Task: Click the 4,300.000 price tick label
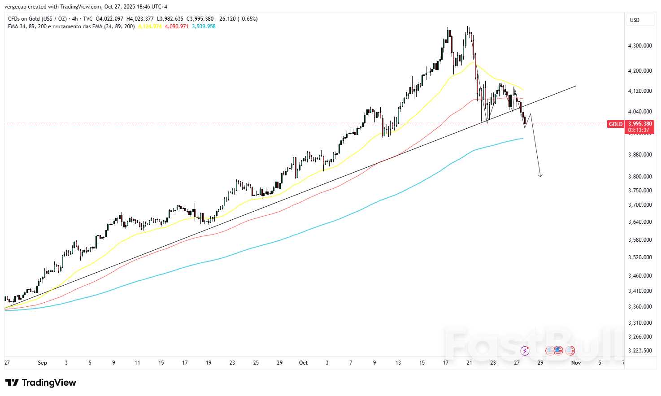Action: (x=640, y=46)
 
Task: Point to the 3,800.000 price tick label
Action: (x=640, y=177)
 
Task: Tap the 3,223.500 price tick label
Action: (x=640, y=351)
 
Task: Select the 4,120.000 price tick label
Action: (x=640, y=91)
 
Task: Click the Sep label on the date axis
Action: (x=42, y=363)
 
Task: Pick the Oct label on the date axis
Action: (x=303, y=363)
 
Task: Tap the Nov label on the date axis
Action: (x=576, y=363)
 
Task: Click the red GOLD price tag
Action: (x=616, y=124)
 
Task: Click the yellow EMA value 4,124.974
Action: (x=150, y=26)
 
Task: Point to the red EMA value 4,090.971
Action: (x=177, y=26)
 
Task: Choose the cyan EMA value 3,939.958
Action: (x=204, y=26)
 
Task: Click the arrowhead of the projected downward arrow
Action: (x=540, y=175)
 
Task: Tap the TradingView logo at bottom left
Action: (x=41, y=383)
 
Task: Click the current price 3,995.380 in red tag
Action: (x=640, y=124)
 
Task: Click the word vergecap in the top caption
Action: (x=15, y=7)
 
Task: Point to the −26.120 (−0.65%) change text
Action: (x=237, y=19)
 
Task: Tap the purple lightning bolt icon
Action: (x=525, y=351)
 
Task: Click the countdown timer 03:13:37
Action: (x=639, y=130)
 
